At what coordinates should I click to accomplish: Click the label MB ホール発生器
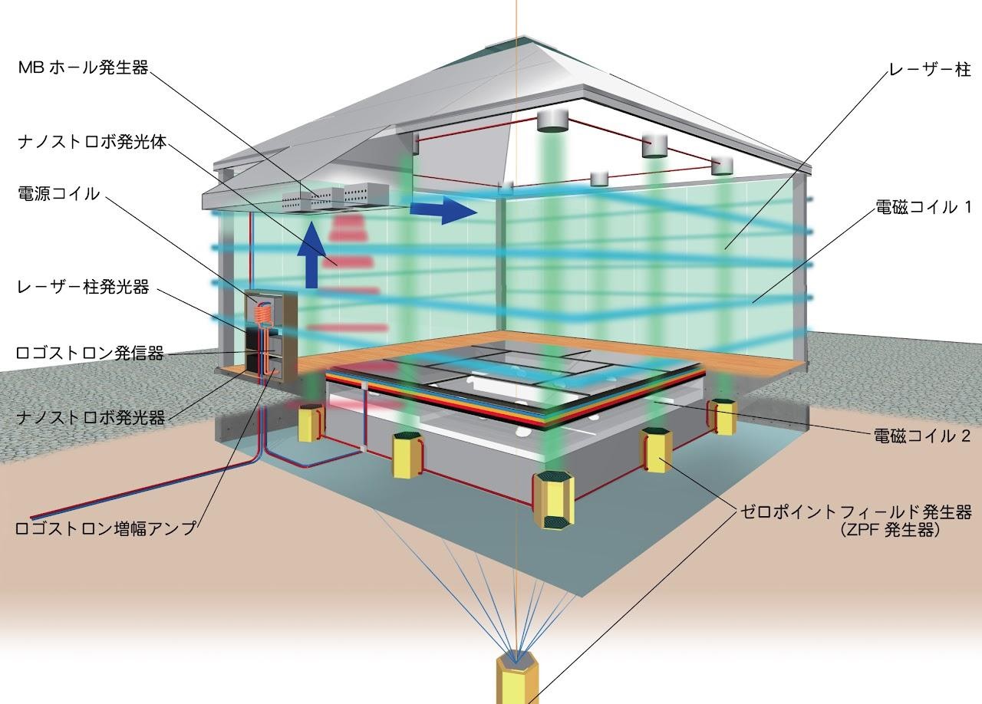84,68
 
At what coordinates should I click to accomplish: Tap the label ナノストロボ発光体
93,143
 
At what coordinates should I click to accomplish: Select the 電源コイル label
59,194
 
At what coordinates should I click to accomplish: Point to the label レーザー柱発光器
84,287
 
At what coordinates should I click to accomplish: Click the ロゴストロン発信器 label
90,353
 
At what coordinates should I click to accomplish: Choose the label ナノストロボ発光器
91,417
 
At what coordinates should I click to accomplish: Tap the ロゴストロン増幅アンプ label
106,528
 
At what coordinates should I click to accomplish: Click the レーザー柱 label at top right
930,69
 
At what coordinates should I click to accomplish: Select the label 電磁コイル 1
923,207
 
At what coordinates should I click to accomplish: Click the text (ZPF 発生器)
890,531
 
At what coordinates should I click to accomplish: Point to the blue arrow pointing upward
311,255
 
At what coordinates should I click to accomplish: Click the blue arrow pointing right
443,211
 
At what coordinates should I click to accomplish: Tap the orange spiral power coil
265,314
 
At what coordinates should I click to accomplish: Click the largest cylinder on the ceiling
552,120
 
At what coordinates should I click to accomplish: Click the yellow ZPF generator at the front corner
553,502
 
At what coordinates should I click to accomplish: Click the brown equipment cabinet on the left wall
270,337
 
